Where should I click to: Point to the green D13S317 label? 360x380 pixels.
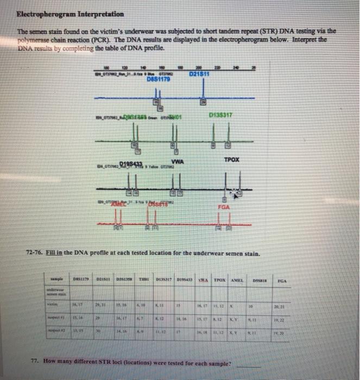pyautogui.click(x=219, y=115)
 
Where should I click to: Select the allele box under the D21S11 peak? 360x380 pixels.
pyautogui.click(x=203, y=102)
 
